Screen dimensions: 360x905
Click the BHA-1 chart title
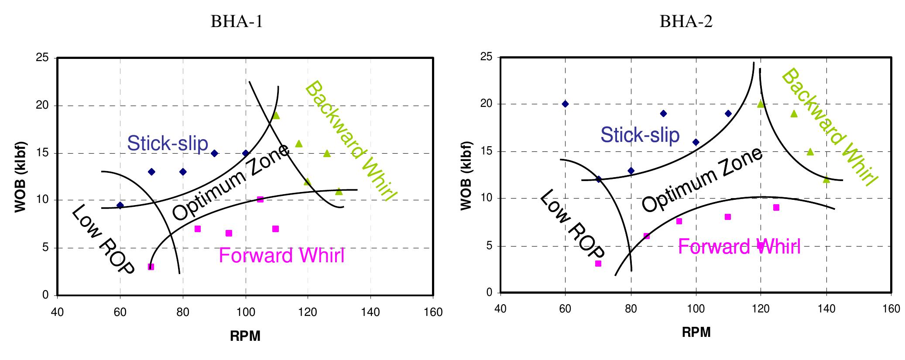click(x=237, y=21)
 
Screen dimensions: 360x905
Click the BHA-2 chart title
click(x=686, y=21)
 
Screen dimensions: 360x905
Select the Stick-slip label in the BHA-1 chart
click(x=168, y=143)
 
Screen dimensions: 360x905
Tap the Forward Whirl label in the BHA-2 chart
click(x=739, y=247)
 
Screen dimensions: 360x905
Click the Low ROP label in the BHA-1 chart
click(x=103, y=240)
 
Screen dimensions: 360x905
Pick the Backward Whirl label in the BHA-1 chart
click(x=350, y=141)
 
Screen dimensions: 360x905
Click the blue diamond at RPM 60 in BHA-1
click(x=120, y=205)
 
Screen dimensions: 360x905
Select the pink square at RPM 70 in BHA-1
click(x=151, y=267)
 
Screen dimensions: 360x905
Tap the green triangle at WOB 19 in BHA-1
click(x=276, y=116)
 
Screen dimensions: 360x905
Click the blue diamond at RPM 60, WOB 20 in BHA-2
click(x=565, y=104)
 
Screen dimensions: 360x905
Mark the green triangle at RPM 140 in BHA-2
click(x=826, y=179)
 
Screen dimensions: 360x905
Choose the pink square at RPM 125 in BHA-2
click(x=776, y=208)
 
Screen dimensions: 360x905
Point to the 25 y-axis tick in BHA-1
click(x=45, y=58)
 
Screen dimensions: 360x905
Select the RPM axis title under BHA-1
click(x=245, y=336)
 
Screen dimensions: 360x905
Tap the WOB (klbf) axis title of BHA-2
click(x=466, y=175)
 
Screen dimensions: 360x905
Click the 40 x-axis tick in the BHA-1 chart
click(x=57, y=312)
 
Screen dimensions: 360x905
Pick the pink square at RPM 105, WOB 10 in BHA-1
click(x=261, y=199)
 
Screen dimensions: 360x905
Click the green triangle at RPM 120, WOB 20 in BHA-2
click(x=761, y=104)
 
